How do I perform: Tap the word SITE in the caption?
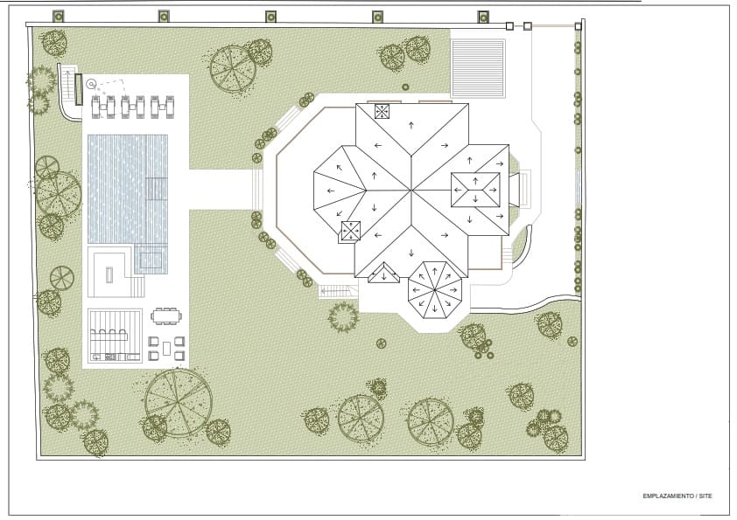pos(705,496)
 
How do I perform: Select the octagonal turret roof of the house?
pos(435,290)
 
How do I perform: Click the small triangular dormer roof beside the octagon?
pos(384,274)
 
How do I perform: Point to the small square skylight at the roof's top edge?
pos(383,112)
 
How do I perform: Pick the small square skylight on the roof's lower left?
pos(351,231)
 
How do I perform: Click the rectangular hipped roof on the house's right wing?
pos(475,190)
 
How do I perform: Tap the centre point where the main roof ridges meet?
pos(411,190)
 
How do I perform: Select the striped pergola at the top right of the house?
pos(478,69)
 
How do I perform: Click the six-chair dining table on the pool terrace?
pos(166,315)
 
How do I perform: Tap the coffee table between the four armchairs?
pos(167,348)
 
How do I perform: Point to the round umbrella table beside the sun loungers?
pos(91,85)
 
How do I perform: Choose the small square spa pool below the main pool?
pos(151,259)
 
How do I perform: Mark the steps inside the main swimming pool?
pos(157,189)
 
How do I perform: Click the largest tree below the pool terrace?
pos(179,403)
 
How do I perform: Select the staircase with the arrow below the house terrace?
pos(334,291)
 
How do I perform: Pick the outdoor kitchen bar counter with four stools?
pos(109,336)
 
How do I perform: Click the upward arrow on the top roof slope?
pos(411,125)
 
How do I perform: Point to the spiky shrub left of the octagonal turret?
pos(343,317)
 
